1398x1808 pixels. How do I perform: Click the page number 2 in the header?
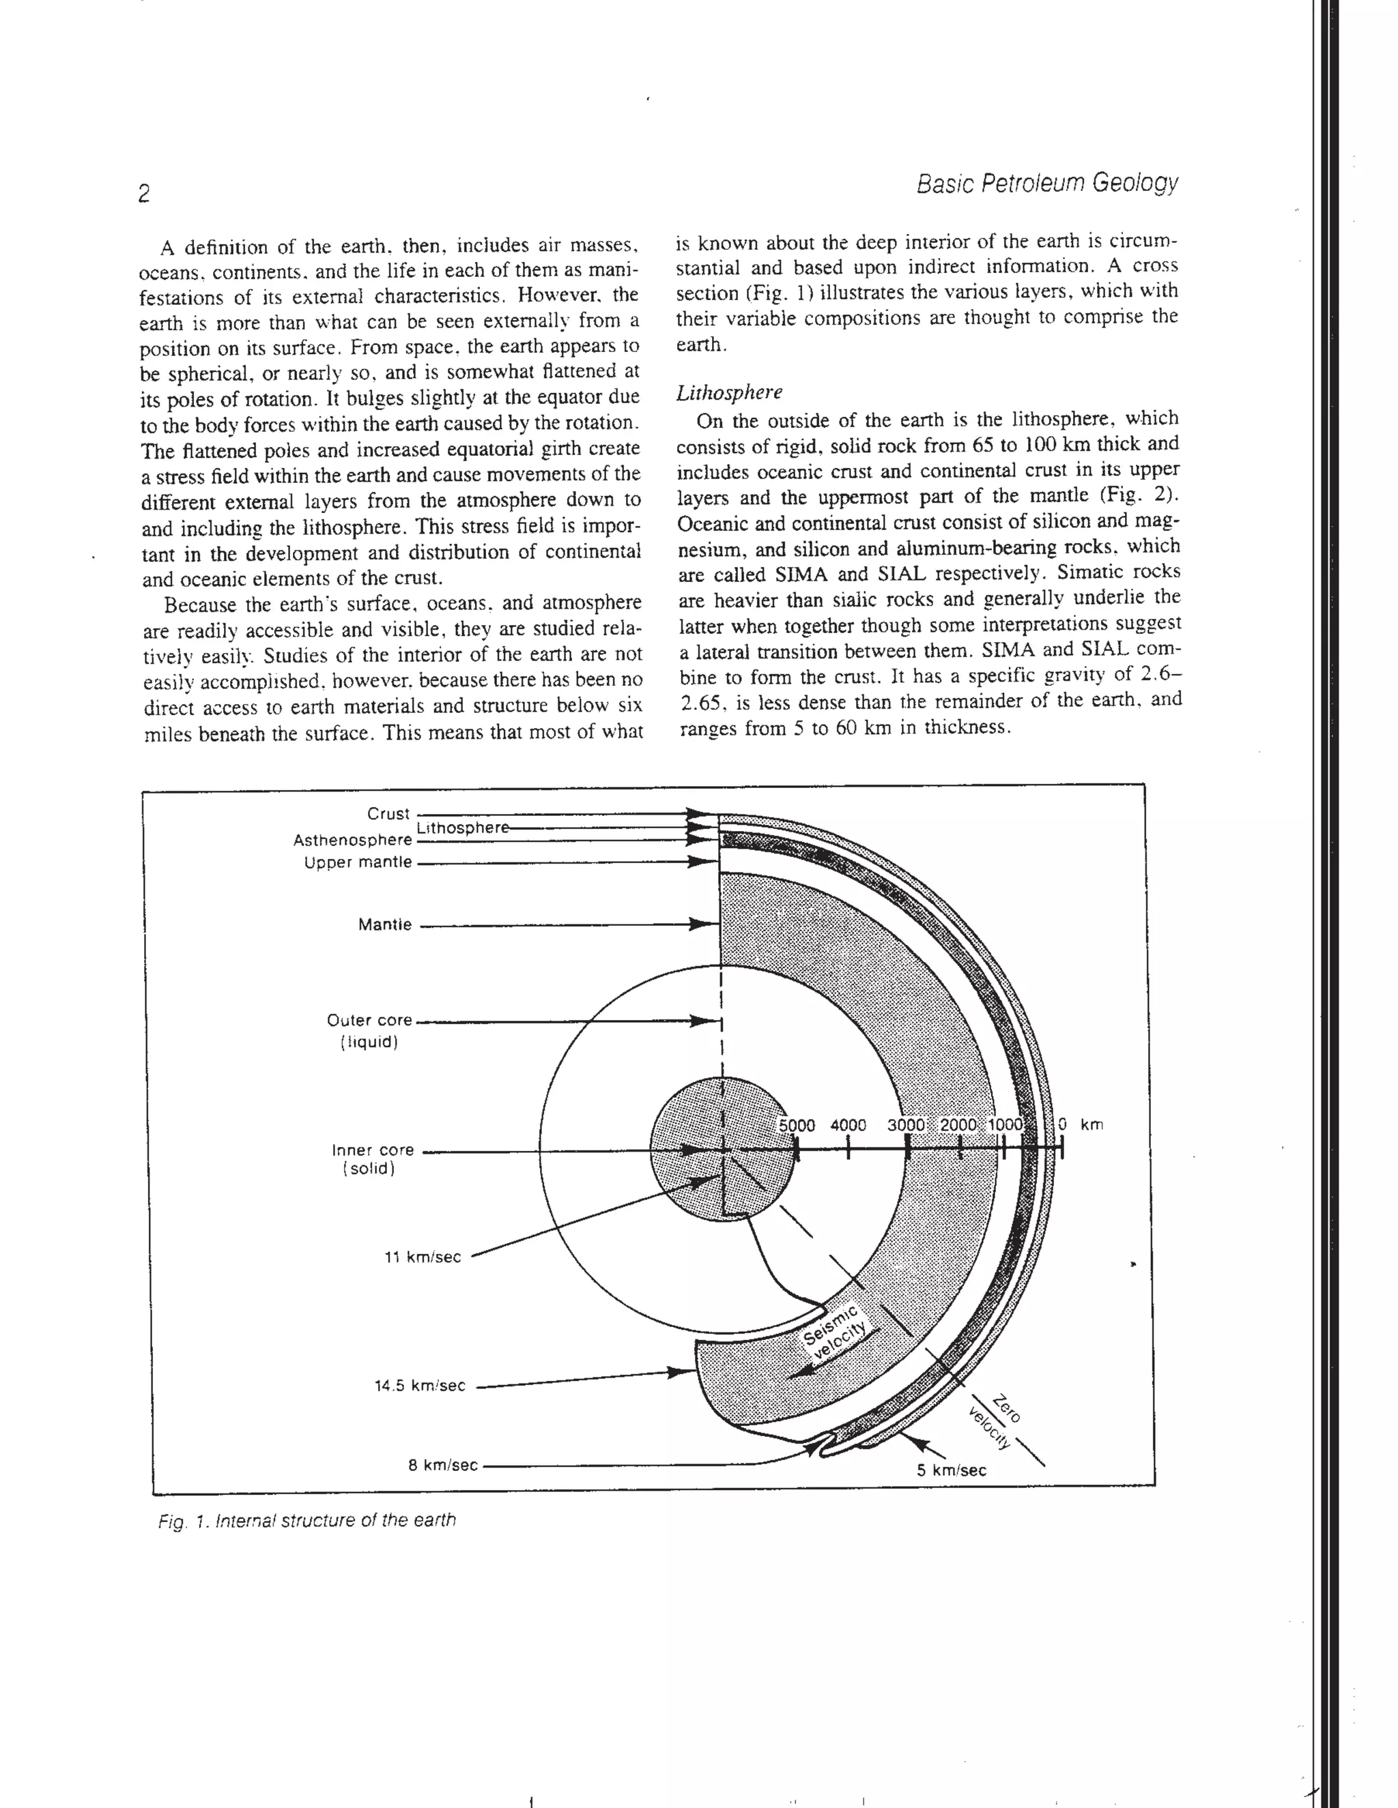click(144, 194)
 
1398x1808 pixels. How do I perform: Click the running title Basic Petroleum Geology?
click(1047, 183)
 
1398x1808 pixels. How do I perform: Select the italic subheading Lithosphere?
click(729, 392)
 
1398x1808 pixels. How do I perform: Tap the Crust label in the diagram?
click(388, 814)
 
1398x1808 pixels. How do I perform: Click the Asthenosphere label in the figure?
click(352, 841)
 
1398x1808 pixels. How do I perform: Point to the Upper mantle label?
click(358, 862)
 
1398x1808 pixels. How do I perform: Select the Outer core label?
click(369, 1020)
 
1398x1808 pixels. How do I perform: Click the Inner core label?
click(373, 1150)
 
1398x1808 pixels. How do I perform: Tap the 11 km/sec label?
click(423, 1257)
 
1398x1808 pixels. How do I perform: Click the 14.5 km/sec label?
click(420, 1386)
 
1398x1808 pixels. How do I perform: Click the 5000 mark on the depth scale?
click(797, 1125)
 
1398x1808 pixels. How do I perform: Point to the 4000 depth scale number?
click(848, 1125)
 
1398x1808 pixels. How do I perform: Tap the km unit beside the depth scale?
click(1092, 1125)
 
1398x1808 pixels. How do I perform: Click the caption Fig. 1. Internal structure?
click(306, 1521)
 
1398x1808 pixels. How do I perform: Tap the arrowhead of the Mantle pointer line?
click(704, 924)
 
